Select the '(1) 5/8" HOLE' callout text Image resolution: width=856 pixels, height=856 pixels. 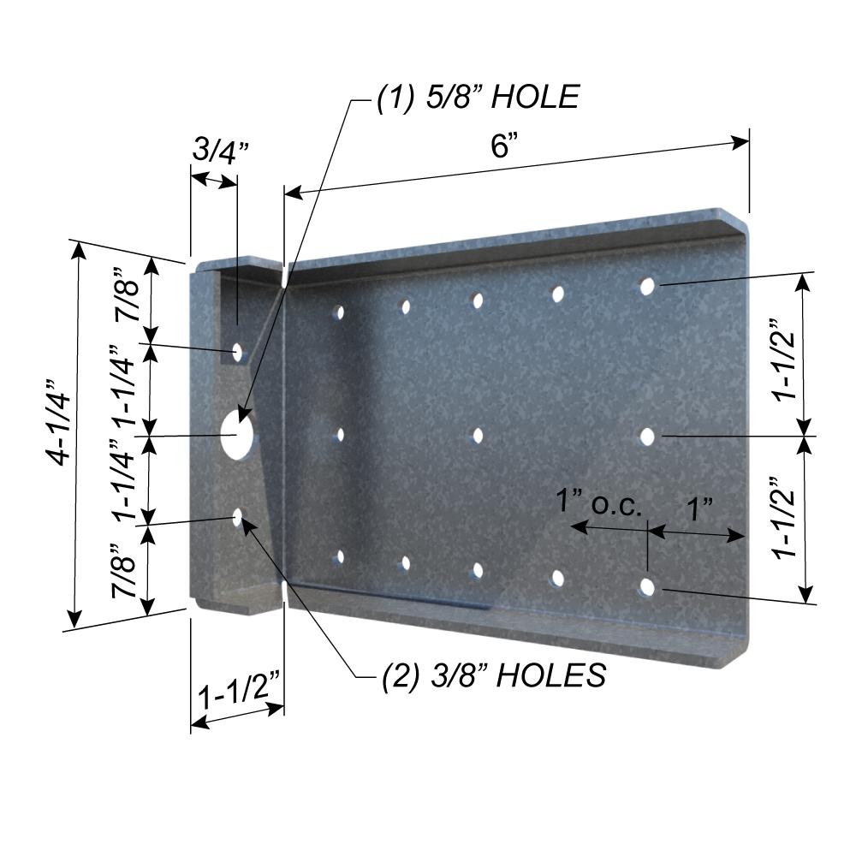coord(478,98)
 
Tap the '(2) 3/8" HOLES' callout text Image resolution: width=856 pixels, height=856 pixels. coord(493,675)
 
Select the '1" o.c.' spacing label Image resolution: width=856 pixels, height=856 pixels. coord(599,502)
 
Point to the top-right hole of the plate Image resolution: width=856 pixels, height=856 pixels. coord(647,286)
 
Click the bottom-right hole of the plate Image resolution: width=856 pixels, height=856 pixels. coord(647,587)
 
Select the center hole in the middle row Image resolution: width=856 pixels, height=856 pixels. coord(477,436)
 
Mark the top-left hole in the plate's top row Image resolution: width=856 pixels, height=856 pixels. coord(340,312)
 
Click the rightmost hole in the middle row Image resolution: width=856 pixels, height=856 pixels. coord(647,437)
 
